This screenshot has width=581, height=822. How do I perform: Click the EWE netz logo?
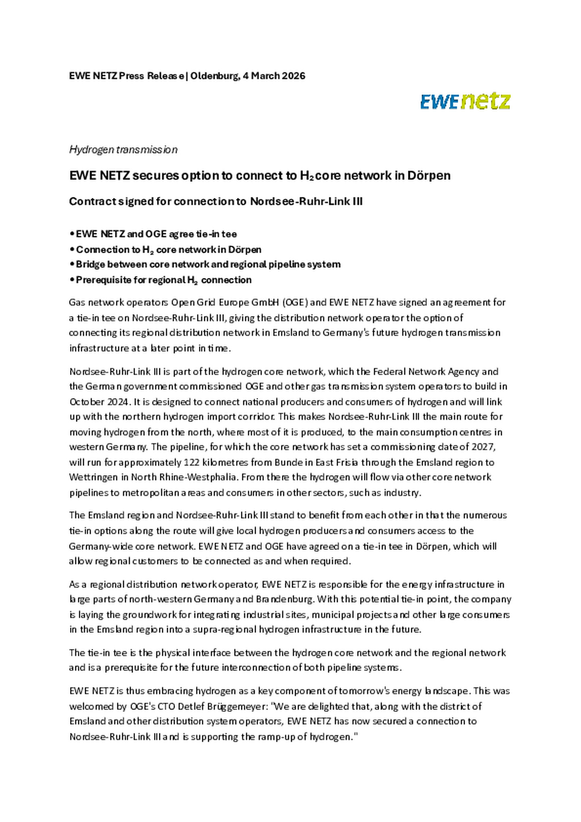point(465,102)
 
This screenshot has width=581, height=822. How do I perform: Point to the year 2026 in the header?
point(293,76)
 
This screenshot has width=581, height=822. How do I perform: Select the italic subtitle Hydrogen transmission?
point(123,150)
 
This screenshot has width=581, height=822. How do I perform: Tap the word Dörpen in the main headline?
point(428,176)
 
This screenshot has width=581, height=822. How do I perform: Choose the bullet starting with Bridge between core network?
point(208,265)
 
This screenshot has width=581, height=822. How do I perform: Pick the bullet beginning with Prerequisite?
point(163,280)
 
